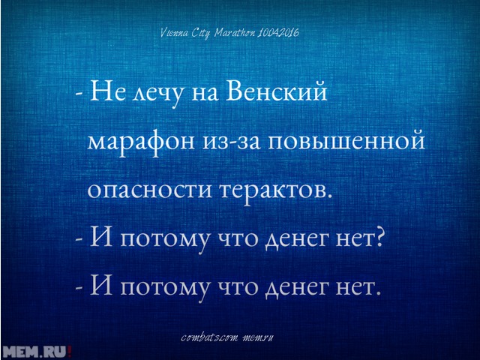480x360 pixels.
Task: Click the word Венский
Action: (277, 91)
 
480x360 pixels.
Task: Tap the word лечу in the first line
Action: (153, 95)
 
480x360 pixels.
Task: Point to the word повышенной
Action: (346, 142)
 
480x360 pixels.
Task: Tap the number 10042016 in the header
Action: (279, 32)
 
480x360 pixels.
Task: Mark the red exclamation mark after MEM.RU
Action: (70, 351)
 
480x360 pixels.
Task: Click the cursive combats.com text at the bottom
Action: (209, 338)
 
